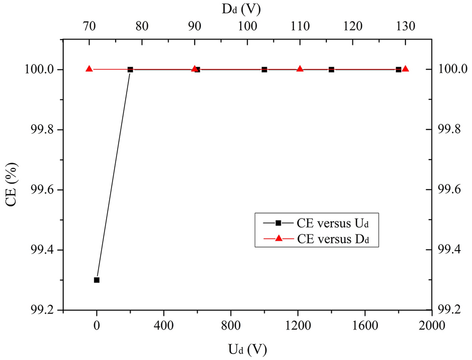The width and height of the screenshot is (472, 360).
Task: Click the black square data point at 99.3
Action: tap(97, 280)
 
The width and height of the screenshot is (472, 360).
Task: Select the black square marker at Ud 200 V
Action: tap(130, 69)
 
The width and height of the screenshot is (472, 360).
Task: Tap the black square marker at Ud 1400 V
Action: tap(331, 69)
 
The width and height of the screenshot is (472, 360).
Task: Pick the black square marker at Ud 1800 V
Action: tap(398, 69)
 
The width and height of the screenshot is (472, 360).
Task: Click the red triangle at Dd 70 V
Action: tap(89, 69)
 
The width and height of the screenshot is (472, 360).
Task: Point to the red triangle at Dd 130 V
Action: tap(405, 69)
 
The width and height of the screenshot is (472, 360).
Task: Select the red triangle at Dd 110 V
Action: tap(300, 69)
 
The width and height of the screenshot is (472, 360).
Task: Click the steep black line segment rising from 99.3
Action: tap(114, 175)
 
